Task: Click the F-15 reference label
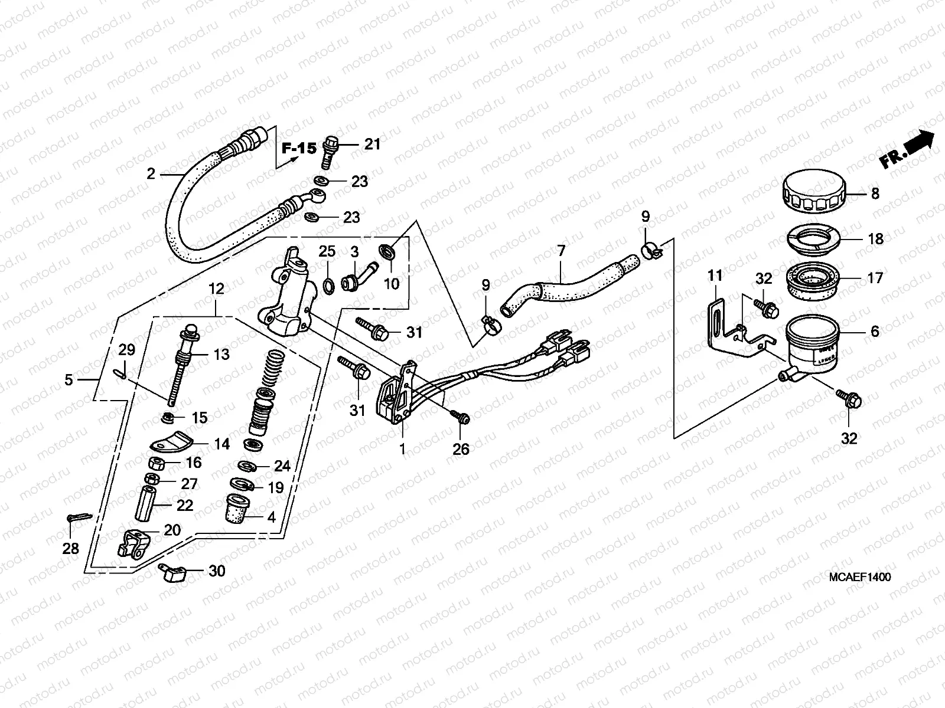click(x=299, y=148)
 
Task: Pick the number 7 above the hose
click(x=561, y=251)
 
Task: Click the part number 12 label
click(x=216, y=289)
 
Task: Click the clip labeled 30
click(x=172, y=572)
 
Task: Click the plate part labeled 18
click(x=812, y=240)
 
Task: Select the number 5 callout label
click(x=69, y=380)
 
